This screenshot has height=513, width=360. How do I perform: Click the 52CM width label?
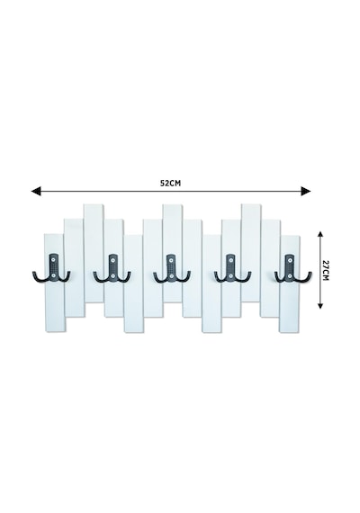pyautogui.click(x=170, y=184)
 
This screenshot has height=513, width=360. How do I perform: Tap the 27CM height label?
pyautogui.click(x=325, y=270)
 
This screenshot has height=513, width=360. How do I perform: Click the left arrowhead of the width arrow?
pyautogui.click(x=36, y=191)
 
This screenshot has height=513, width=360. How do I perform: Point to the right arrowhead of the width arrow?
pyautogui.click(x=306, y=191)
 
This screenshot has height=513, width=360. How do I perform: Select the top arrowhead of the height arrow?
pyautogui.click(x=320, y=234)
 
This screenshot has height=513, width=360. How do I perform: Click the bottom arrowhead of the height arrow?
pyautogui.click(x=320, y=306)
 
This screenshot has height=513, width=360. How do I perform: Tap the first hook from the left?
pyautogui.click(x=51, y=268)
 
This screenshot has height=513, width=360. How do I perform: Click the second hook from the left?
pyautogui.click(x=112, y=268)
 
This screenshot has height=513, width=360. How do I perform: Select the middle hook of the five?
pyautogui.click(x=172, y=268)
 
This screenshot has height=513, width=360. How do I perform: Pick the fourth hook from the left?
pyautogui.click(x=232, y=268)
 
